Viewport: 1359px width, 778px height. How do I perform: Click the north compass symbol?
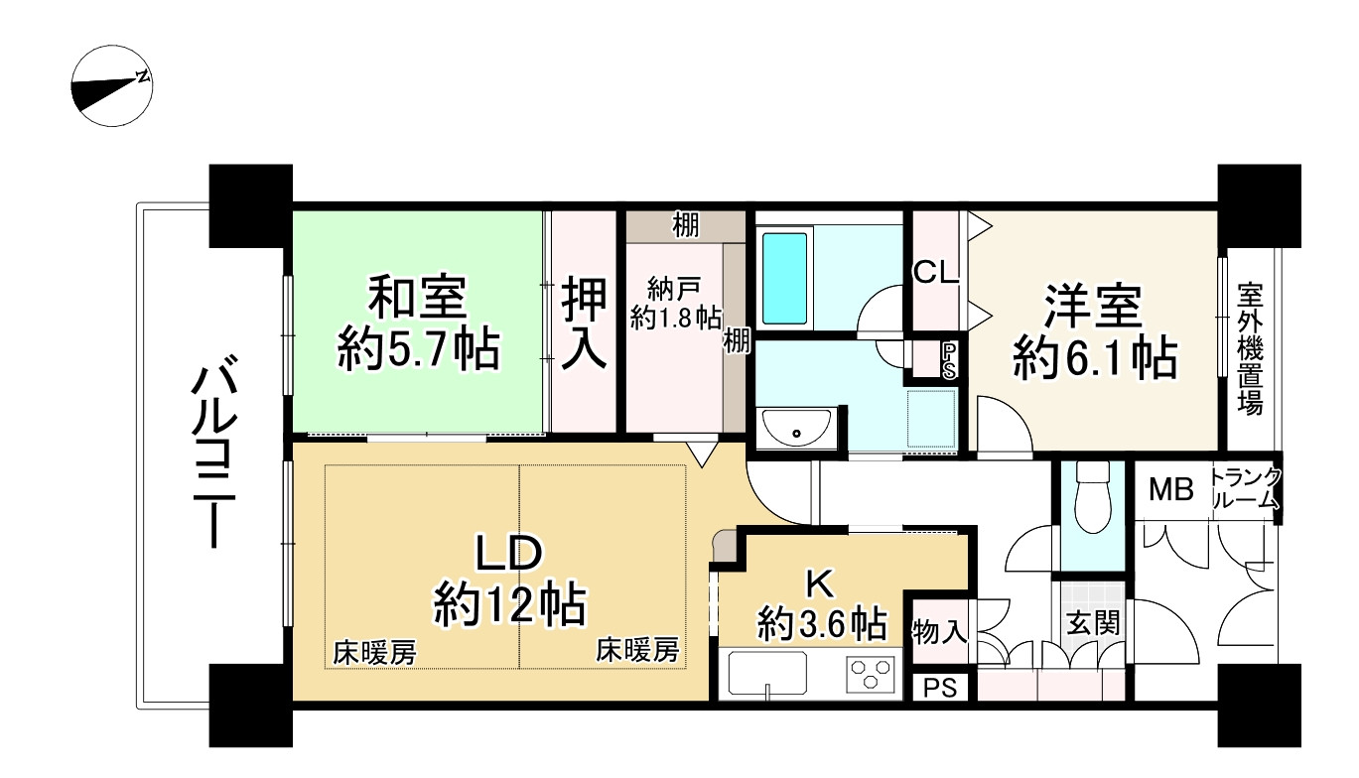point(111,86)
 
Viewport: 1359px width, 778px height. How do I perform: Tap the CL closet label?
point(935,272)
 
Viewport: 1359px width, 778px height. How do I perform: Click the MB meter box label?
point(1171,489)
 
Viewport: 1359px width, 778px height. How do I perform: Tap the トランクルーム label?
point(1245,488)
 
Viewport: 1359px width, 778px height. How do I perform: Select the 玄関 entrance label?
point(1092,623)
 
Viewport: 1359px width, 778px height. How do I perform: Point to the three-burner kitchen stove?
point(870,675)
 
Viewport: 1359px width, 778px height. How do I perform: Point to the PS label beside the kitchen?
point(940,688)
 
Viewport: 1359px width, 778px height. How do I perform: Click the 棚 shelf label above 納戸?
point(685,226)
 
